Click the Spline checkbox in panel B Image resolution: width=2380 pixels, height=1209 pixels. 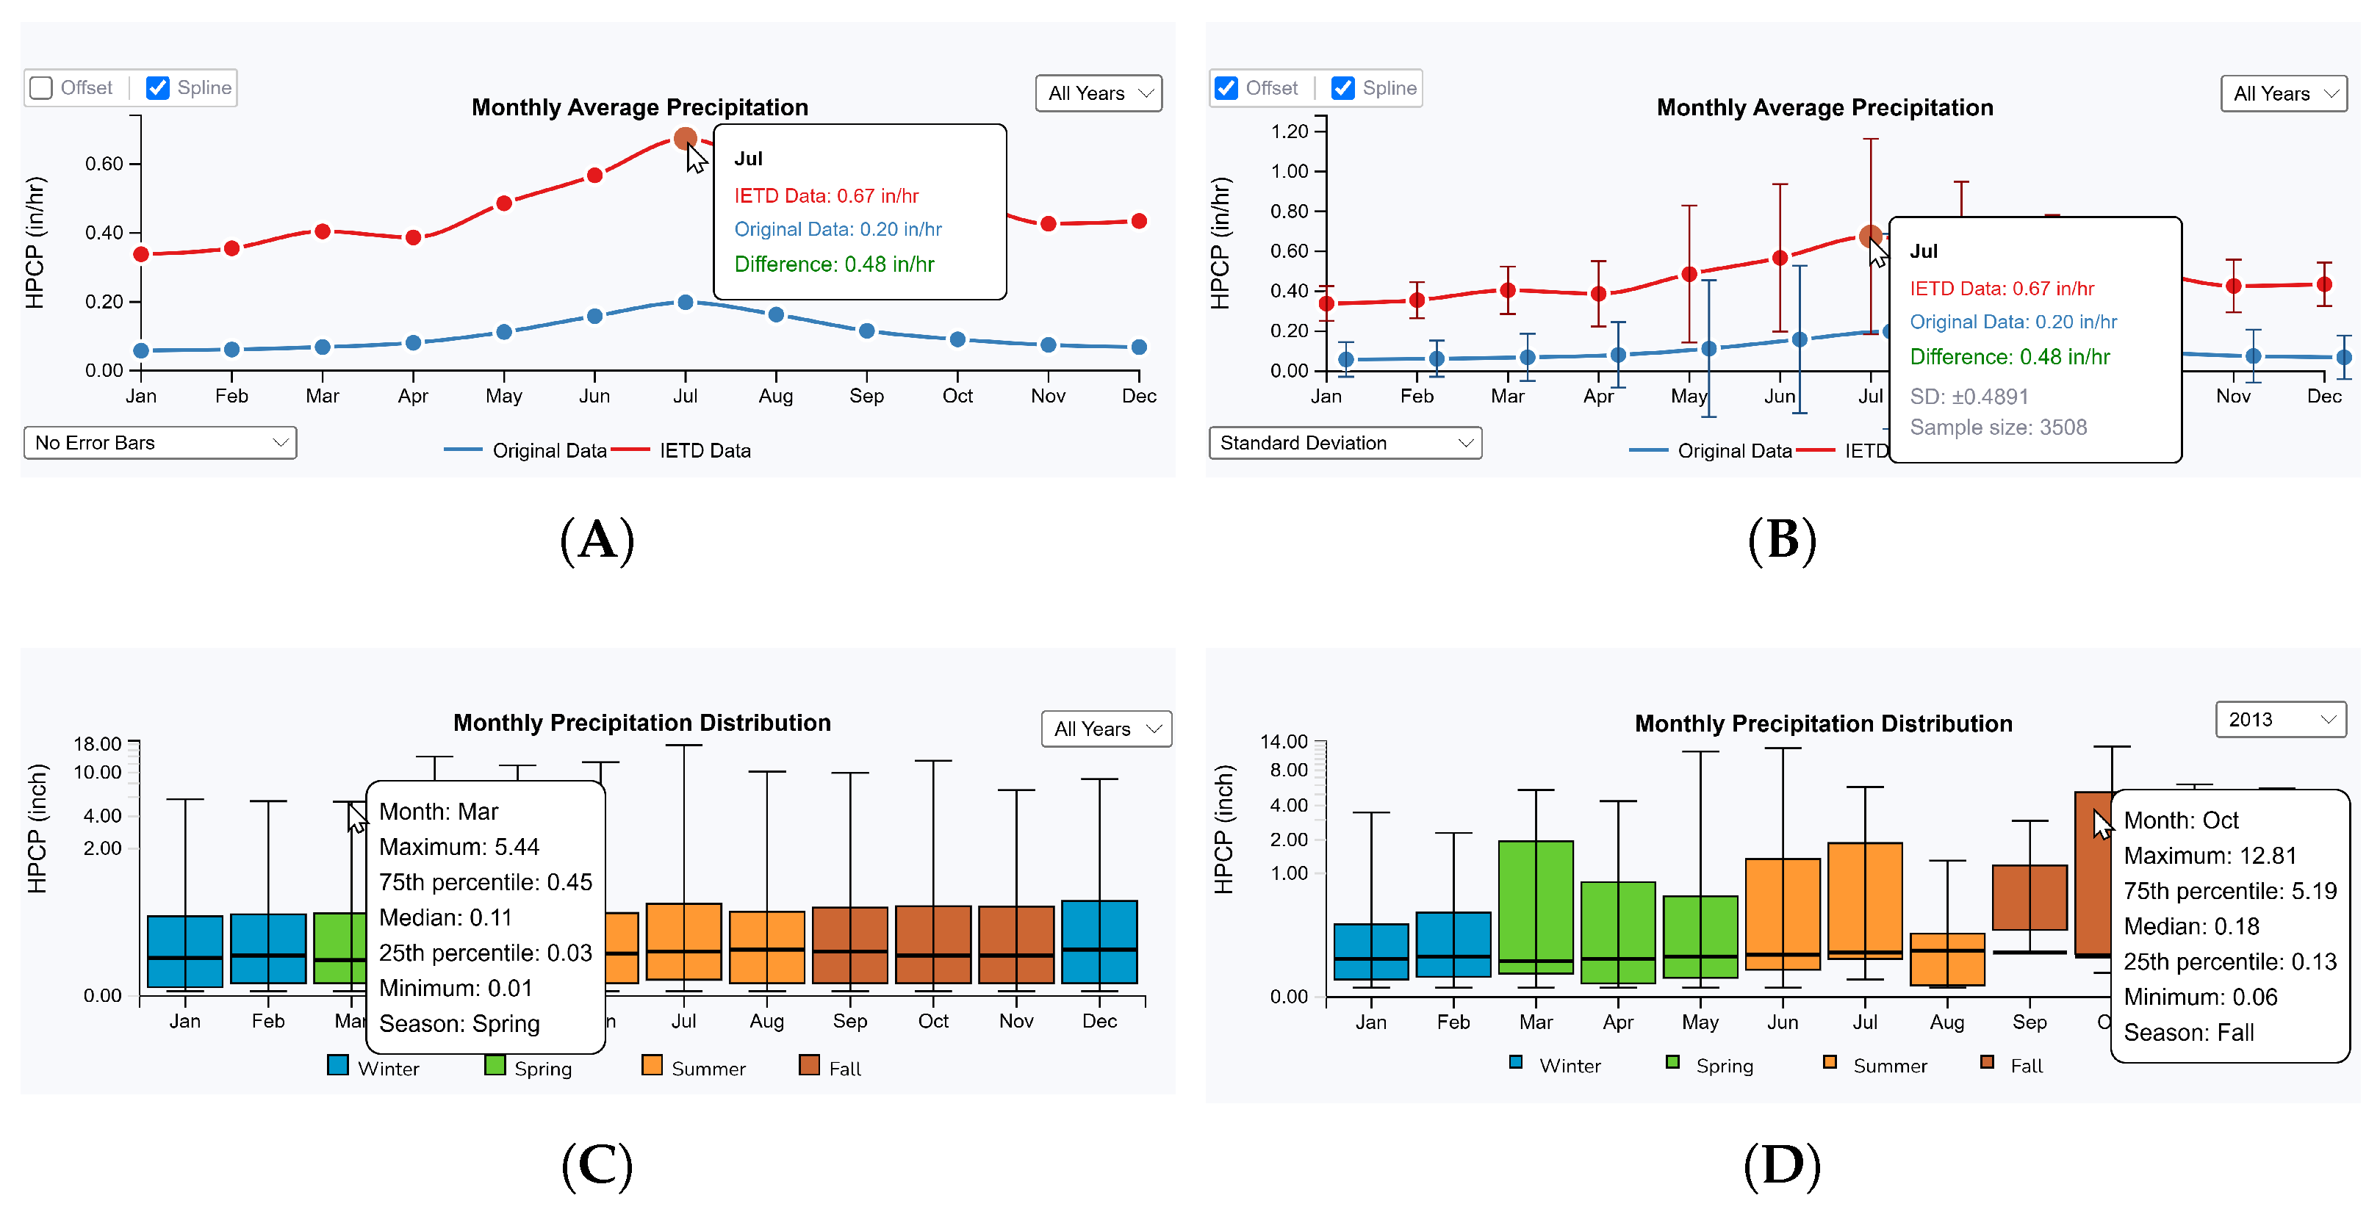click(x=1342, y=87)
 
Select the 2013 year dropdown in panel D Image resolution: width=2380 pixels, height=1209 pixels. click(x=2279, y=720)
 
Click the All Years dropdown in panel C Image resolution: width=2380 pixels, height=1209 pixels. click(x=1105, y=729)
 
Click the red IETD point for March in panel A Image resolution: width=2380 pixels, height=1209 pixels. click(x=323, y=231)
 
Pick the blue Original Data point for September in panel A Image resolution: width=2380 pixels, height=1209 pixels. click(x=866, y=331)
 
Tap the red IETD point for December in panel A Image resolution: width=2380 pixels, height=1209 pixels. click(x=1139, y=221)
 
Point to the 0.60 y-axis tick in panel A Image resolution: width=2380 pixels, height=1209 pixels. click(x=104, y=164)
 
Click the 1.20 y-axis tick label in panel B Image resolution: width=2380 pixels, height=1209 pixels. click(x=1290, y=131)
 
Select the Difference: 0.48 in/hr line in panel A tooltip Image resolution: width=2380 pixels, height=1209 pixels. click(x=833, y=264)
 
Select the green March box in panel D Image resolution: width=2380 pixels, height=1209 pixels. click(x=1536, y=905)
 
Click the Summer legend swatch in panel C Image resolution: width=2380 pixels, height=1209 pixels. click(x=652, y=1065)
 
